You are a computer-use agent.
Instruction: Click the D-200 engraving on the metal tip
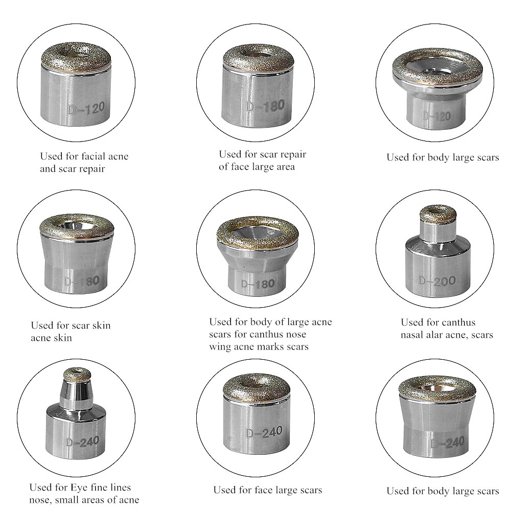(x=437, y=281)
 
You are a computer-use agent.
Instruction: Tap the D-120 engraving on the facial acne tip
(x=86, y=108)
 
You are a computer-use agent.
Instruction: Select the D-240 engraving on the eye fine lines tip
(x=82, y=442)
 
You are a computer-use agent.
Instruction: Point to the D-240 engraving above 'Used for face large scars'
(x=264, y=432)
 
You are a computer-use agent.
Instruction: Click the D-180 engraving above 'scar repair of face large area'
(x=265, y=106)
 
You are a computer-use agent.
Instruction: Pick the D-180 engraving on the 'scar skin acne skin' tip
(x=81, y=281)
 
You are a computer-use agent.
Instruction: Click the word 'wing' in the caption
(x=219, y=347)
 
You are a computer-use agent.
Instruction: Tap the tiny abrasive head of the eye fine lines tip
(x=77, y=375)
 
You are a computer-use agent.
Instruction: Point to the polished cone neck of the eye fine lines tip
(x=77, y=392)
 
